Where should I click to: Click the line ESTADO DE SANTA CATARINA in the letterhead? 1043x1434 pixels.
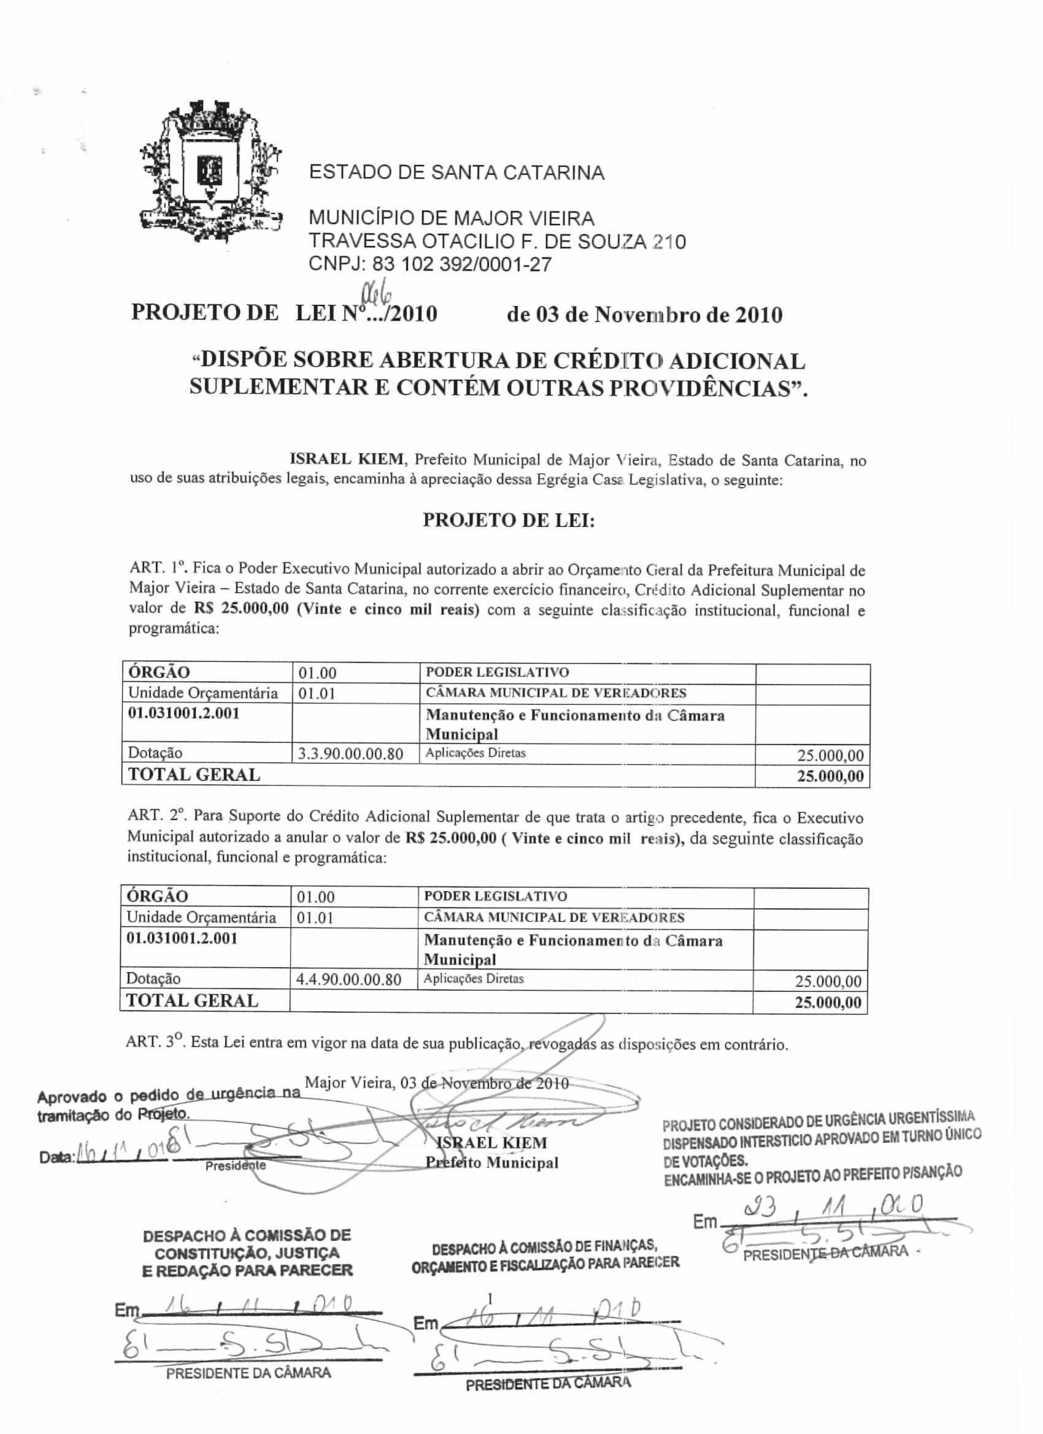point(456,172)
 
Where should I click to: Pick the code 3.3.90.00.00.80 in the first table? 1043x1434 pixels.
point(350,754)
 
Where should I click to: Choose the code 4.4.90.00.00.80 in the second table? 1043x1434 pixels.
point(348,980)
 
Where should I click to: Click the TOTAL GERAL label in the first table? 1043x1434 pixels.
point(194,775)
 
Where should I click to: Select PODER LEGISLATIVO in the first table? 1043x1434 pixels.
point(497,672)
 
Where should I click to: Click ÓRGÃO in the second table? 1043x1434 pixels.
point(158,896)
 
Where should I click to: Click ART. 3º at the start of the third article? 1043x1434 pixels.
point(155,1043)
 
